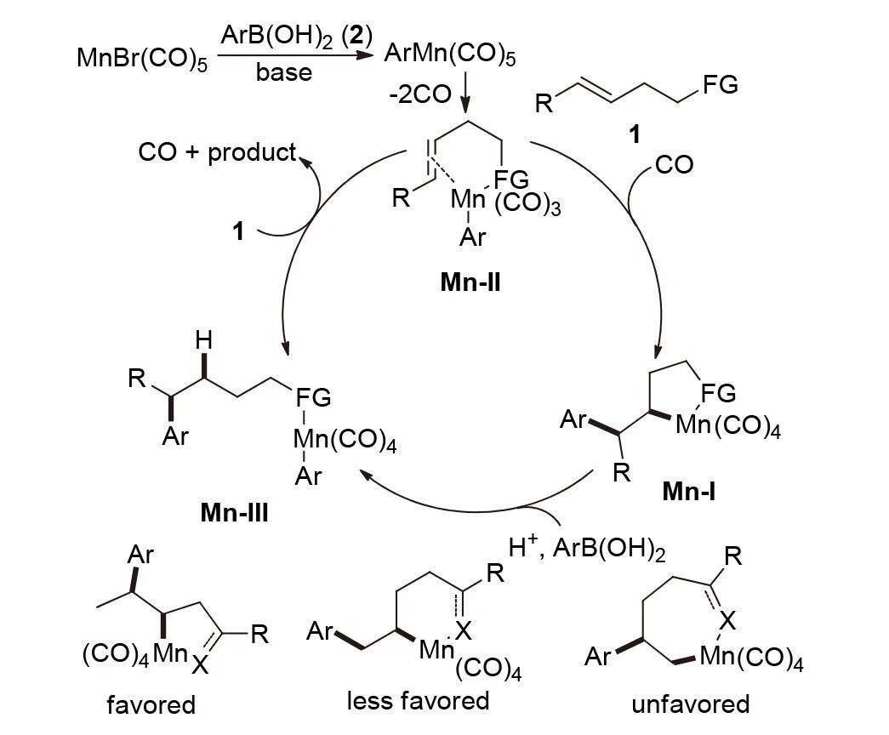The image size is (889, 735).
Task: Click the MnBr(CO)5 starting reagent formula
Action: click(x=141, y=60)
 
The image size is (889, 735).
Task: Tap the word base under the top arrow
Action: click(x=283, y=73)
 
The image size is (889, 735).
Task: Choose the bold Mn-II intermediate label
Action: click(x=470, y=282)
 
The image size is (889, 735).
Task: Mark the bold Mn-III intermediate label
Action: click(x=235, y=513)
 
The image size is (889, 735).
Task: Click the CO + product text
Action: click(x=218, y=153)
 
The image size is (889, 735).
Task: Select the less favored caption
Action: click(x=419, y=700)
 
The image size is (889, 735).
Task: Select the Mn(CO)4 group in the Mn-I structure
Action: click(x=727, y=424)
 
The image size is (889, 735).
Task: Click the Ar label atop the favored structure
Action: click(x=140, y=556)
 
